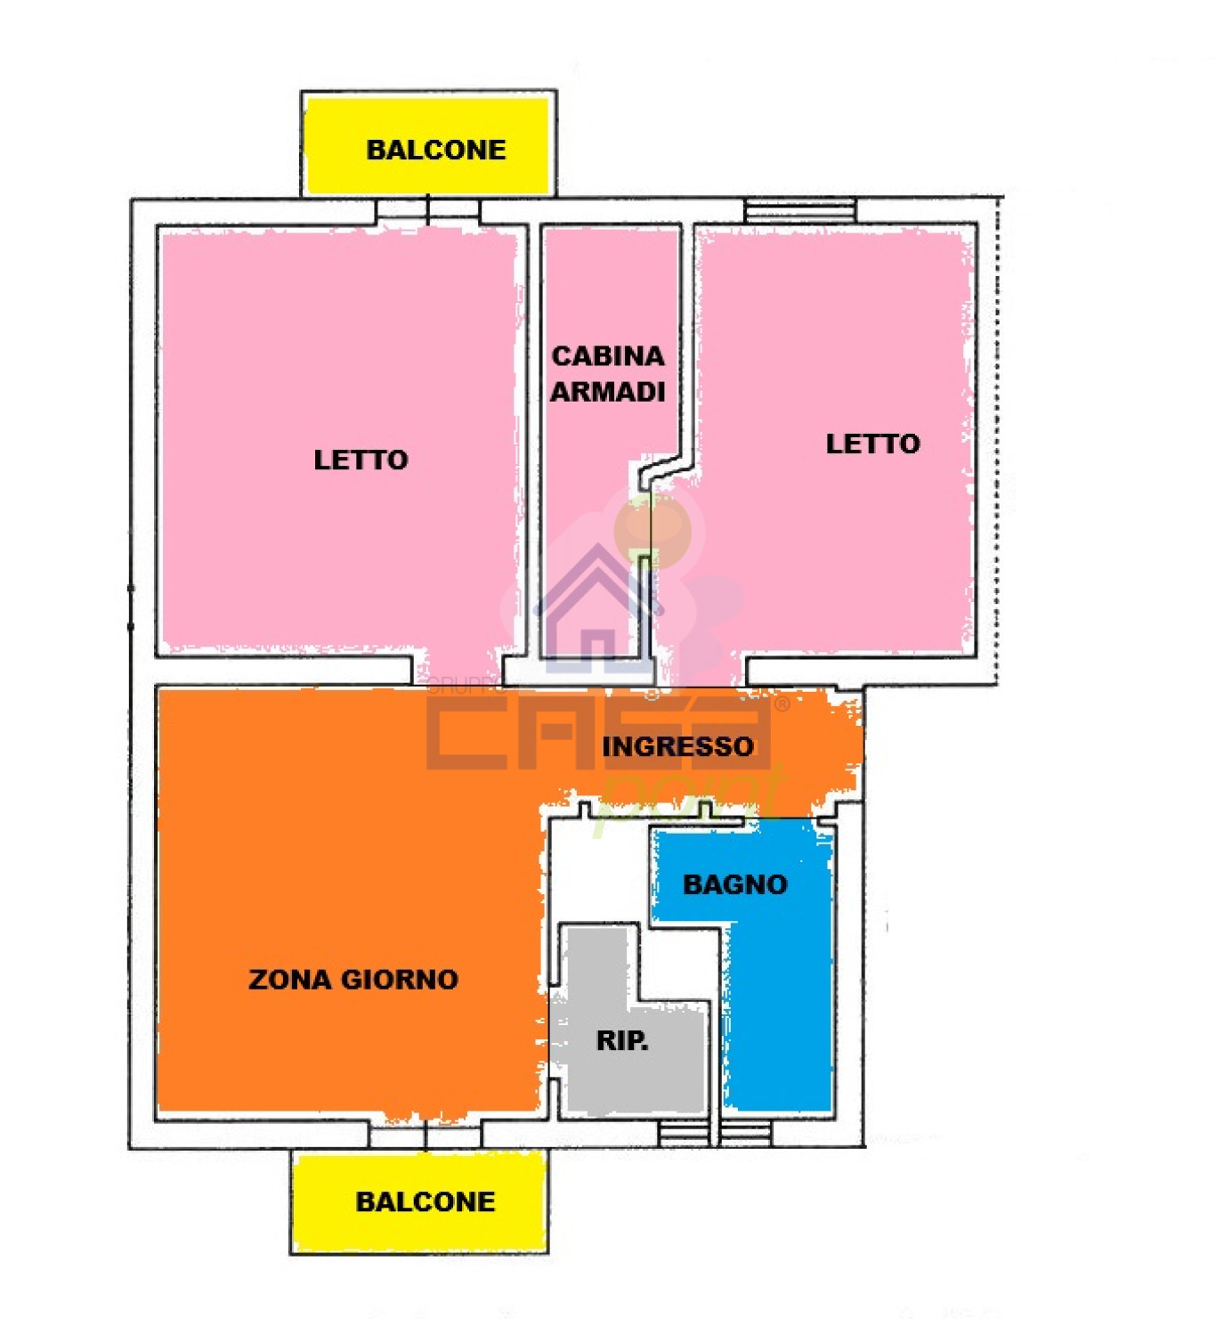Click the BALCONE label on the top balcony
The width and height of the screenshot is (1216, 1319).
435,150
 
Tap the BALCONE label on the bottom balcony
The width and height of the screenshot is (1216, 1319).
425,1201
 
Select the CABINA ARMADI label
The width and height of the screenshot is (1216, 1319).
607,374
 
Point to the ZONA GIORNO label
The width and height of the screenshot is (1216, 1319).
353,980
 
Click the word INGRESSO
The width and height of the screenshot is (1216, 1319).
677,746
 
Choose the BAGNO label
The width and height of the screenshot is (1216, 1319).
735,884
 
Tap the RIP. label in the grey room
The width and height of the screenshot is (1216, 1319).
622,1041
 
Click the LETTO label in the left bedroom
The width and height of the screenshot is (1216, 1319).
361,460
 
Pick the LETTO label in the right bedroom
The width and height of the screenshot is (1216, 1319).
872,443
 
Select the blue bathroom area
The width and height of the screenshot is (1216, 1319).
777,997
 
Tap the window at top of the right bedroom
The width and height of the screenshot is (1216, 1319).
799,212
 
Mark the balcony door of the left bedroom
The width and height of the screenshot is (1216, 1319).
427,212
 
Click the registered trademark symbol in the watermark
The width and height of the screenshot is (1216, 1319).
782,704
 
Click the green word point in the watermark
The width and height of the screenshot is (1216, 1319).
691,801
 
